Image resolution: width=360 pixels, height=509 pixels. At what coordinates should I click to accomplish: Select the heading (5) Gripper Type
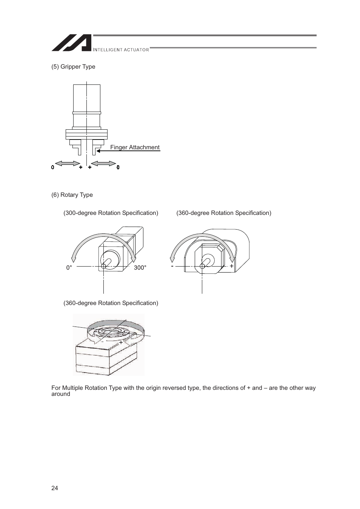coord(73,67)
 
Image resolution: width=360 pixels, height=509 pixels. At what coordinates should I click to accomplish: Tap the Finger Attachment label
coord(135,147)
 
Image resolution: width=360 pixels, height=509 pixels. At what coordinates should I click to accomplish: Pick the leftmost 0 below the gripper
coord(53,167)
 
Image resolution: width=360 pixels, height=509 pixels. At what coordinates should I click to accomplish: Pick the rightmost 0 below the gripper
coord(118,167)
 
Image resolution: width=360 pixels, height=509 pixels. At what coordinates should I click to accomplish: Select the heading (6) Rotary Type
coord(72,195)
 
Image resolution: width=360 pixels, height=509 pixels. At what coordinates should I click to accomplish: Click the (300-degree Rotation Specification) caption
coord(111,213)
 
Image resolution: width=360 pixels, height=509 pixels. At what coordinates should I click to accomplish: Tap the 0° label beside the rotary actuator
coord(69,268)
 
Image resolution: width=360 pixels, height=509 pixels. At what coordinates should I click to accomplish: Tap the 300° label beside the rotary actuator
coord(140,268)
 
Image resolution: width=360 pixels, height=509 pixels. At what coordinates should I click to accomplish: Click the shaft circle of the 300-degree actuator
coord(104,266)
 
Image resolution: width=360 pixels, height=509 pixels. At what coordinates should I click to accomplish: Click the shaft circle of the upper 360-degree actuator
coord(202,266)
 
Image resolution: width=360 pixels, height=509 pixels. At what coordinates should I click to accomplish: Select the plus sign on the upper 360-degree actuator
coord(232,266)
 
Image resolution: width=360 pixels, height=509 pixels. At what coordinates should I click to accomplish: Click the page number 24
coord(55,488)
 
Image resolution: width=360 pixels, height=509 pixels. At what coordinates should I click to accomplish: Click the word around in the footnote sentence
coord(61,394)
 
